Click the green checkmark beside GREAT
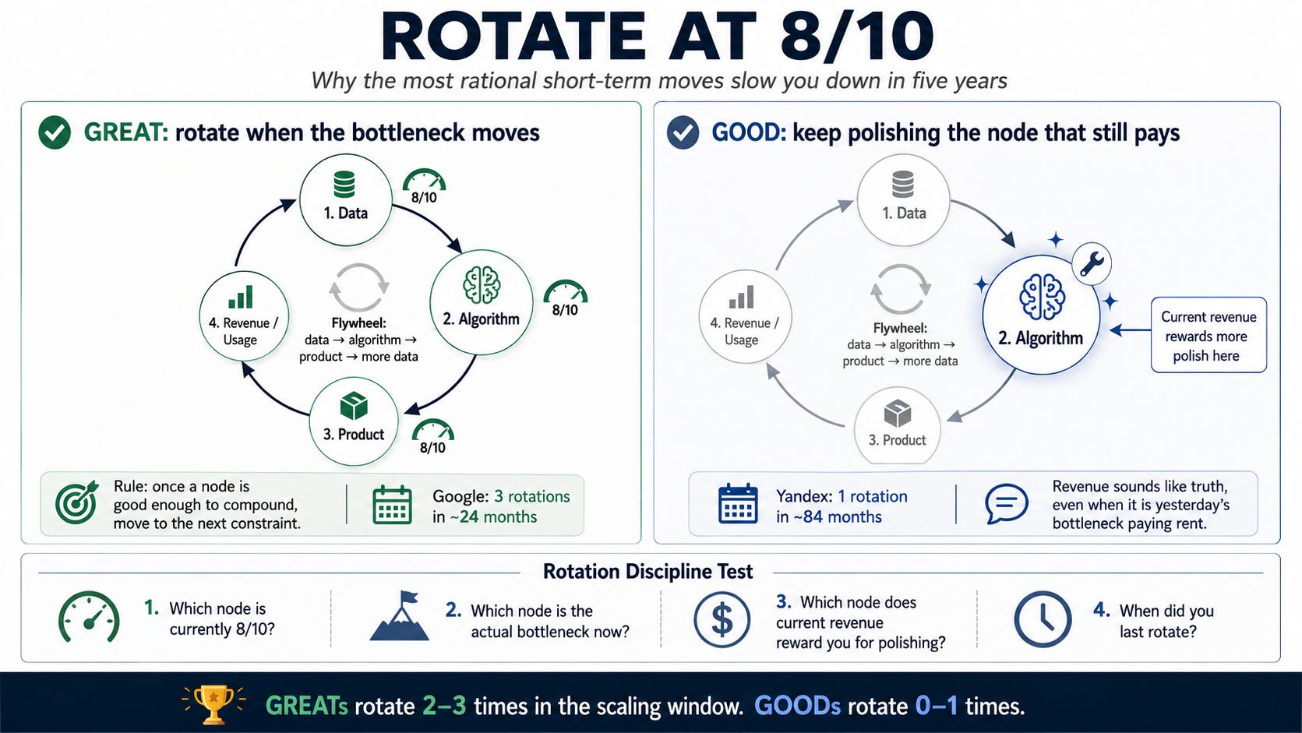[55, 132]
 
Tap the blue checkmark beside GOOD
[683, 132]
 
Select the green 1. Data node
[346, 200]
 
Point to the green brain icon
[482, 285]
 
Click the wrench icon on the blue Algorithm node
[1092, 263]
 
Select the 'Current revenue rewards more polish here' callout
[1208, 336]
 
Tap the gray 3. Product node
[898, 426]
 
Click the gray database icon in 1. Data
[903, 185]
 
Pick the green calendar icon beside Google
[393, 505]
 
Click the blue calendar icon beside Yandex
[738, 503]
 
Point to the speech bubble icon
[1006, 503]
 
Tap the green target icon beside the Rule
[76, 502]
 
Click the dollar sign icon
[722, 619]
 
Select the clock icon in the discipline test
[1043, 619]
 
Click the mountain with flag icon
[399, 616]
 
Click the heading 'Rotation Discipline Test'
[647, 572]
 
